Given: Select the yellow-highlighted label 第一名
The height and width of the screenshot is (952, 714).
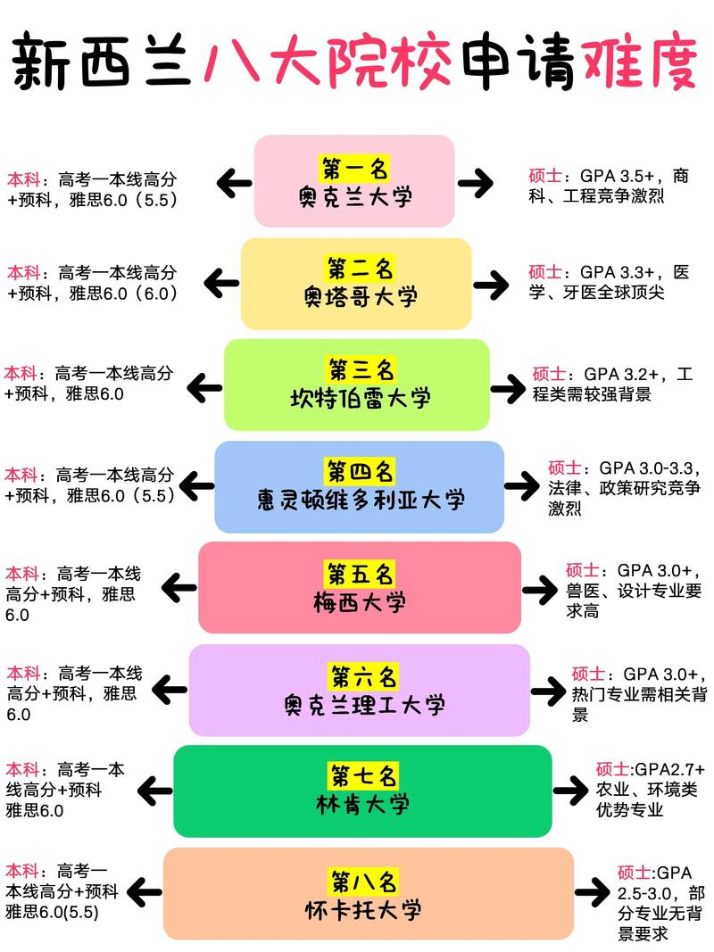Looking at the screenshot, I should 355,167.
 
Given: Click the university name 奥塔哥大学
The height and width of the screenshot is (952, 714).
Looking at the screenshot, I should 355,296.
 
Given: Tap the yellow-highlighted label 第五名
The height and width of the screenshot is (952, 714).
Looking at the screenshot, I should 360,572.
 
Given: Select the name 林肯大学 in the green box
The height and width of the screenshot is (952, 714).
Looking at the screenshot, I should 363,804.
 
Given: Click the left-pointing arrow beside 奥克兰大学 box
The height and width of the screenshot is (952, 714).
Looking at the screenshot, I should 235,184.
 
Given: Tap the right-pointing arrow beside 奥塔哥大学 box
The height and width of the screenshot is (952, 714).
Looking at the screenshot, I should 490,286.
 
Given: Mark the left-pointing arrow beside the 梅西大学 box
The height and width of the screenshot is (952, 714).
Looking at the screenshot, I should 180,588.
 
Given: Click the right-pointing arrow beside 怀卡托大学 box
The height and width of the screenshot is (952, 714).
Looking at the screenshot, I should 592,892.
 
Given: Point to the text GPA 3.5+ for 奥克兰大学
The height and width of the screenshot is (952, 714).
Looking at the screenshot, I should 619,175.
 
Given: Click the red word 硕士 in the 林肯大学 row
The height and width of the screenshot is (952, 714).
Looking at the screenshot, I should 612,769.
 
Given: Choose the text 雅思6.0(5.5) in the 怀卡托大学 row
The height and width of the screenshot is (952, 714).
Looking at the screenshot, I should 52,912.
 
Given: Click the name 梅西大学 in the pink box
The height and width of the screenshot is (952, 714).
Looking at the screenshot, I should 360,602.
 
